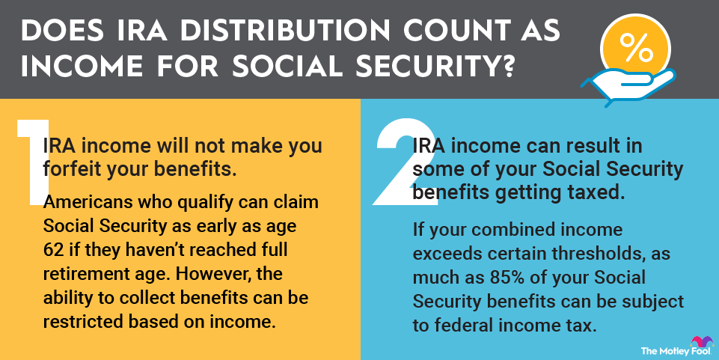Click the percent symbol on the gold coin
pyautogui.click(x=635, y=47)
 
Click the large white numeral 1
pyautogui.click(x=33, y=162)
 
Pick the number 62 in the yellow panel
pyautogui.click(x=53, y=251)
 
